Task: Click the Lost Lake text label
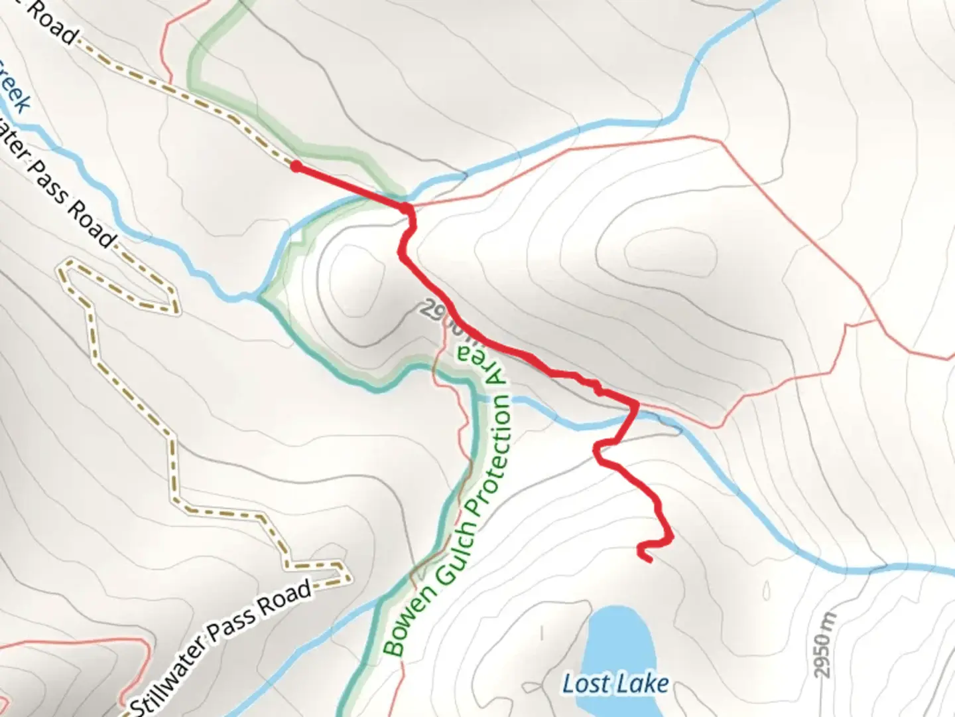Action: pos(615,683)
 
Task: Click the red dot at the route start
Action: pos(296,167)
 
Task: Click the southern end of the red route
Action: pos(649,560)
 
